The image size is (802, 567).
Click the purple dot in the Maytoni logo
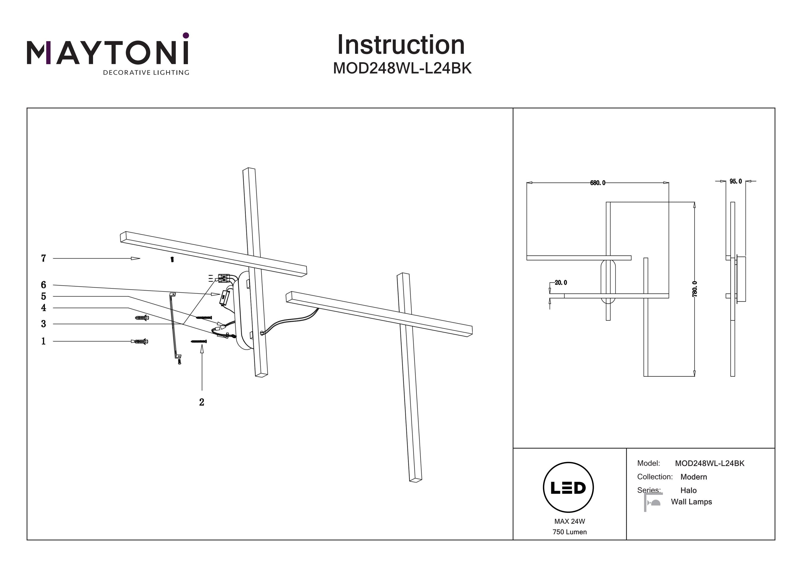click(x=186, y=35)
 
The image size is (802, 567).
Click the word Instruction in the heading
click(x=401, y=45)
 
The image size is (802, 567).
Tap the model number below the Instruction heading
click(x=402, y=68)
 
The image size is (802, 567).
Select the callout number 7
click(x=43, y=259)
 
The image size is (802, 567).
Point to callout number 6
click(x=43, y=285)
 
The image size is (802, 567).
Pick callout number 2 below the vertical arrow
click(x=202, y=402)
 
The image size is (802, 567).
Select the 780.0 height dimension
click(x=695, y=289)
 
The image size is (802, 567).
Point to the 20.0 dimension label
click(x=561, y=283)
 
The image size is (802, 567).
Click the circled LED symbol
click(x=568, y=488)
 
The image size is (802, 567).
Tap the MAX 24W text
click(x=569, y=522)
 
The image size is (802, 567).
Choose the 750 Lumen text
click(x=569, y=532)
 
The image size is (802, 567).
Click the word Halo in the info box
click(x=688, y=491)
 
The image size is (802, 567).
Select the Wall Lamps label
click(x=691, y=502)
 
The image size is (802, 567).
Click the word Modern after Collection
click(x=693, y=477)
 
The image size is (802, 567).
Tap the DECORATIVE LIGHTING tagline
click(x=146, y=73)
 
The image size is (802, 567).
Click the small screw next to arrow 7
click(x=172, y=260)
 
